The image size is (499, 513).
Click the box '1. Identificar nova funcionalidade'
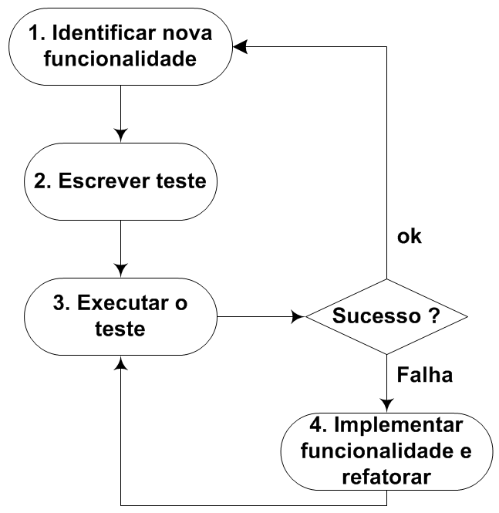point(120,47)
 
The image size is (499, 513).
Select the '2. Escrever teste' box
point(120,182)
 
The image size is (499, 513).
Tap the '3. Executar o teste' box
point(120,316)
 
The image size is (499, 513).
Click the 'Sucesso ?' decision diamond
point(386,316)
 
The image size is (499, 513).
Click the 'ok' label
point(409,237)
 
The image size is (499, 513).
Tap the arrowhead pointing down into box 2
point(120,136)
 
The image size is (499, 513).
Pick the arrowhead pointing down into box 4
point(386,405)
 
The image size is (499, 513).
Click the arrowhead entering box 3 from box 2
point(120,270)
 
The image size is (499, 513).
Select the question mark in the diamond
point(434,316)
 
